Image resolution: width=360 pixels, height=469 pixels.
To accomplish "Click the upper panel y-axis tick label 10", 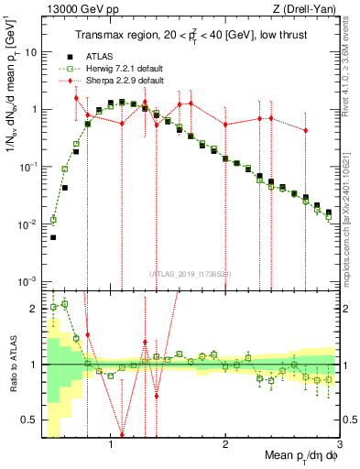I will (31, 52).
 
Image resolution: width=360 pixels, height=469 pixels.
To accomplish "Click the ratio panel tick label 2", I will (34, 309).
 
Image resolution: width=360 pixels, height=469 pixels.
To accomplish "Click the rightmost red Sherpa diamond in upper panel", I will (305, 131).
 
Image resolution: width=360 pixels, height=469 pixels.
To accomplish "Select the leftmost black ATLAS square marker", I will (53, 237).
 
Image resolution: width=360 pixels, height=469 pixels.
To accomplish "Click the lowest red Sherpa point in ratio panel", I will (122, 435).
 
